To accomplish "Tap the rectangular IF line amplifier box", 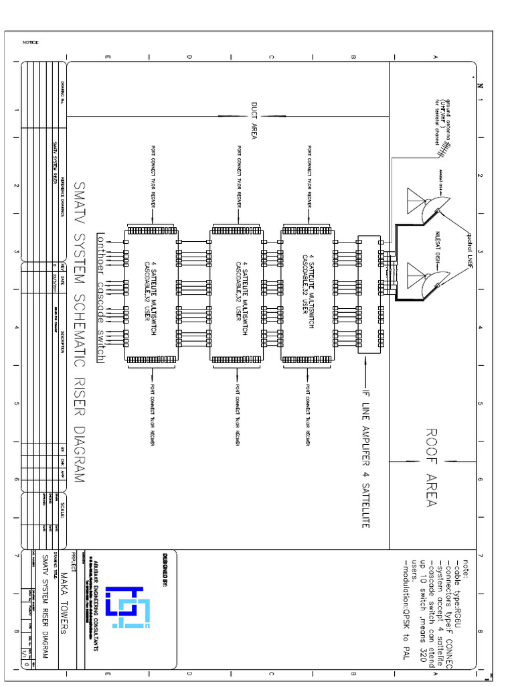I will pyautogui.click(x=368, y=294).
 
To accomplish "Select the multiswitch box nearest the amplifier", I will pyautogui.click(x=307, y=294).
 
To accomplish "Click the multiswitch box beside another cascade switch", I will pyautogui.click(x=151, y=294).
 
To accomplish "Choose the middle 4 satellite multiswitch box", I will pyautogui.click(x=237, y=294).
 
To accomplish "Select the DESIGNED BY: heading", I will pyautogui.click(x=163, y=569).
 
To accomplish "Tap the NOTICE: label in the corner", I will pyautogui.click(x=31, y=42).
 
